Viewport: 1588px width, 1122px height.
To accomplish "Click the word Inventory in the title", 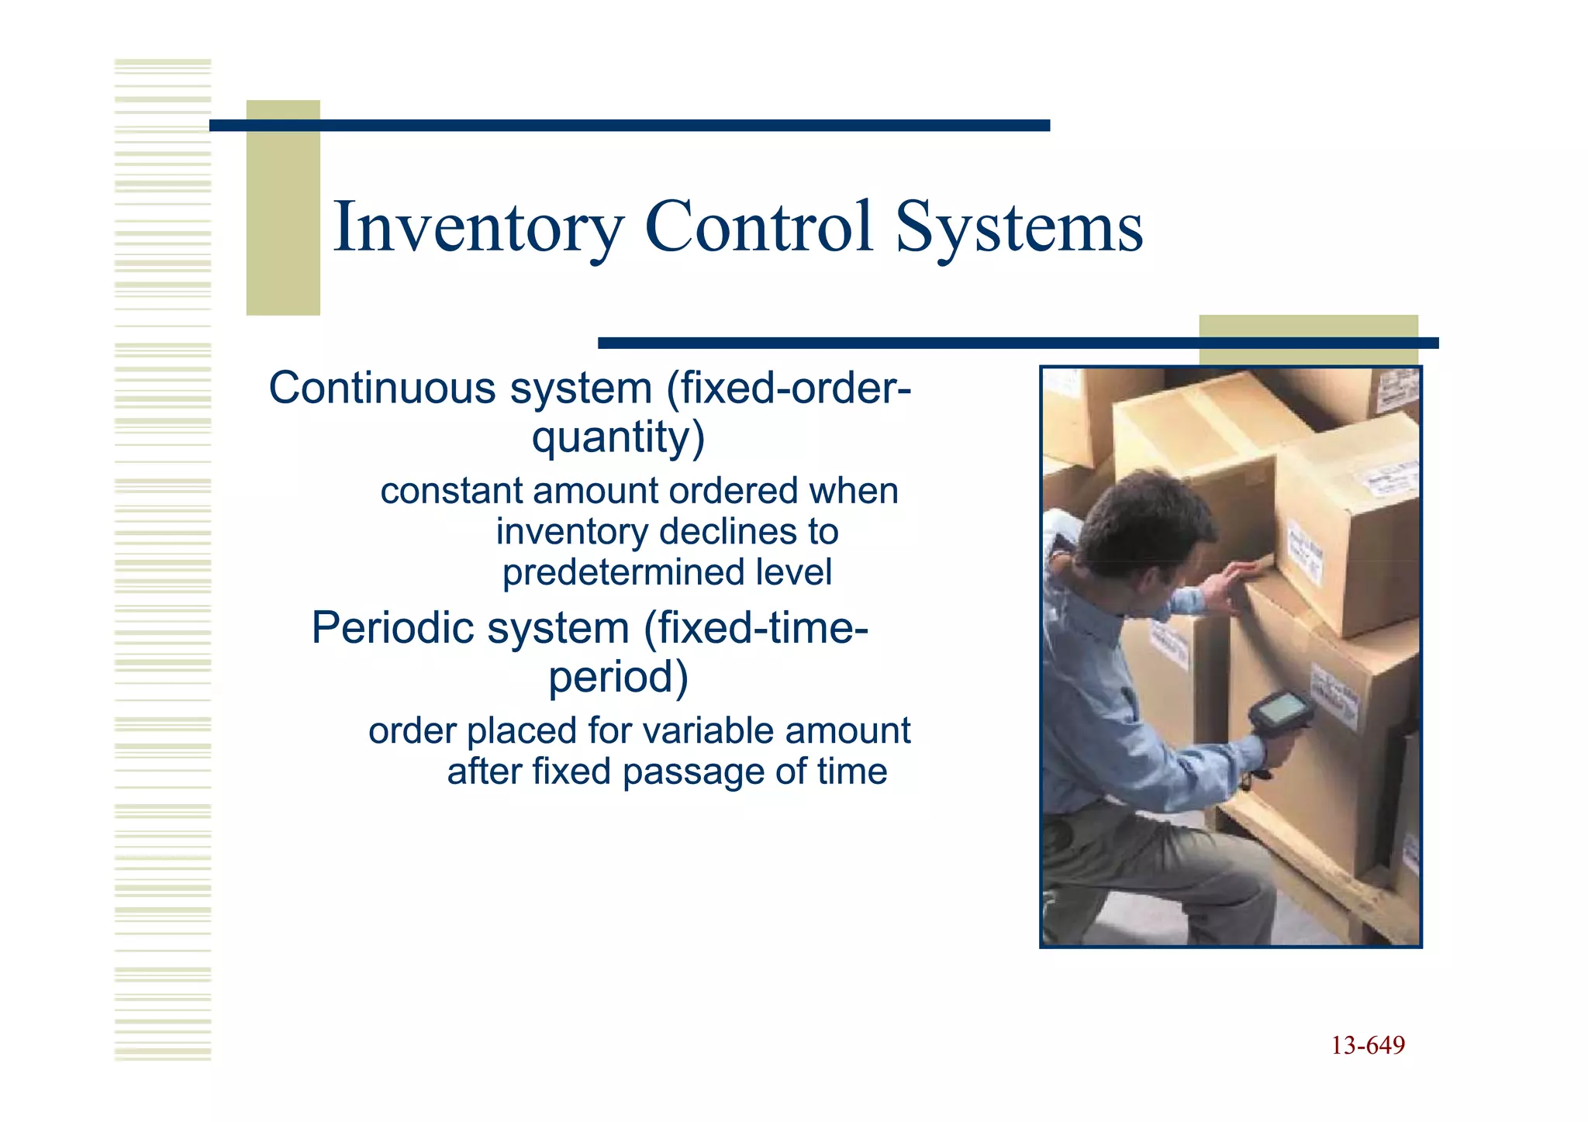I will [478, 227].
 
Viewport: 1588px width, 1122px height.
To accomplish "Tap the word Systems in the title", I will [1018, 227].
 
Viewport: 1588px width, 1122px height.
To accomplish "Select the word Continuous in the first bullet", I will [381, 388].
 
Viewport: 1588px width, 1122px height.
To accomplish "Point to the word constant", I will [451, 492].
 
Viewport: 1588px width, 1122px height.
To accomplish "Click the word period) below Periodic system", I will [618, 677].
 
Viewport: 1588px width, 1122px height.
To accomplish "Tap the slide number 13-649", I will [1368, 1046].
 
